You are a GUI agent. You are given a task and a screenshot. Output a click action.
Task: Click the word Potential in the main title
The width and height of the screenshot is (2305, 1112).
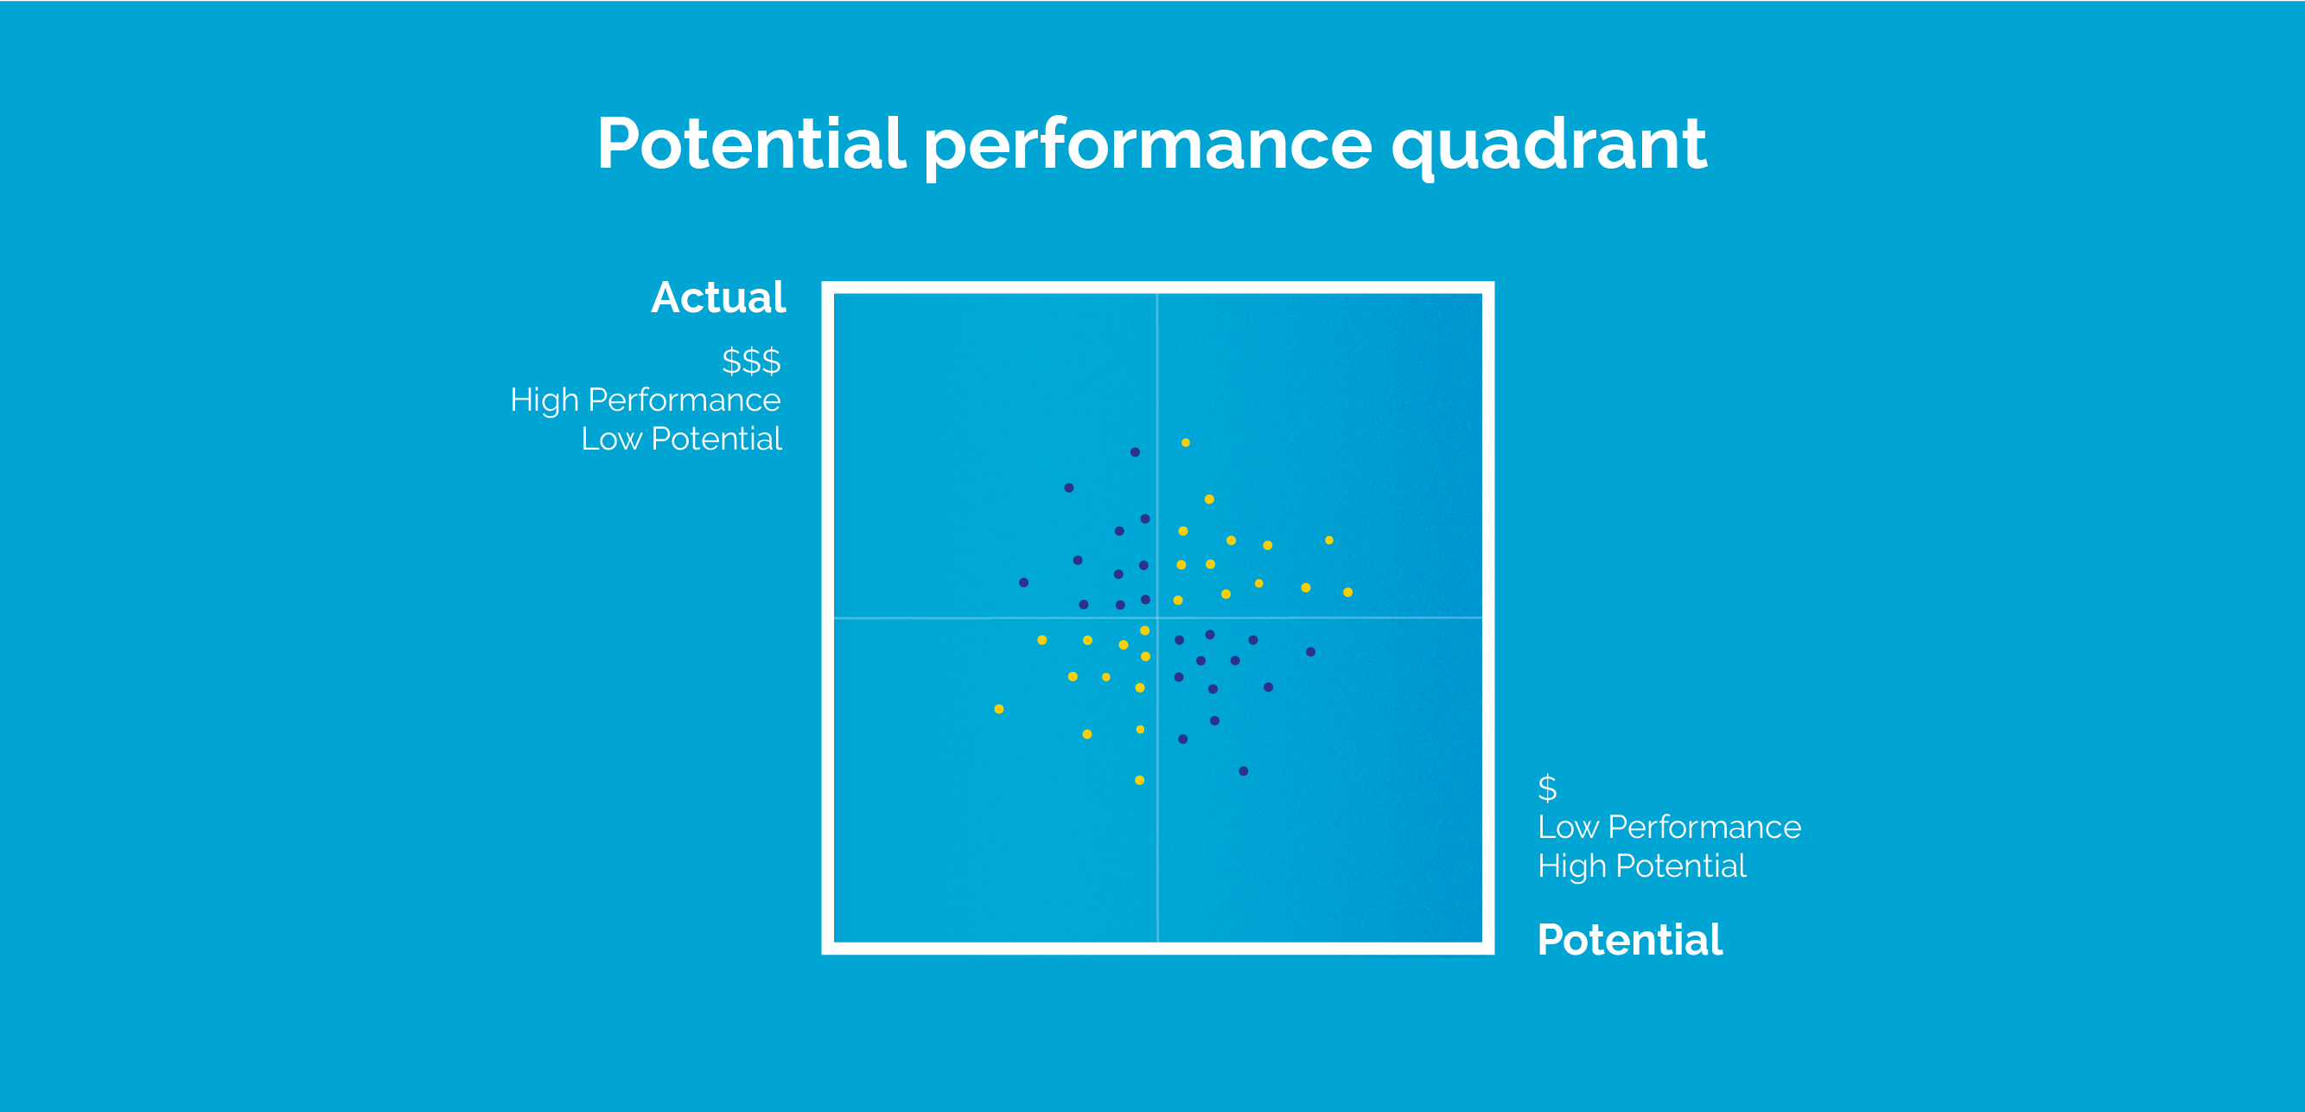click(752, 144)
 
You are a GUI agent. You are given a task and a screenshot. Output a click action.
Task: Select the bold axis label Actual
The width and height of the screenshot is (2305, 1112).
click(718, 297)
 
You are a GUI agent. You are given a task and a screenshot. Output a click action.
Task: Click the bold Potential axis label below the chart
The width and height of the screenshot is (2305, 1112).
click(1629, 940)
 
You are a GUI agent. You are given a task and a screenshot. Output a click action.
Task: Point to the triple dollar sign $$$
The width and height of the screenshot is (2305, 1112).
click(751, 361)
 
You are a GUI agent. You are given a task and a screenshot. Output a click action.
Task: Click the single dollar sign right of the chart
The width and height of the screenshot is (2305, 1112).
click(1547, 788)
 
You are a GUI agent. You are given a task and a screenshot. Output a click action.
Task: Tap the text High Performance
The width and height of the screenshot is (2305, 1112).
click(645, 399)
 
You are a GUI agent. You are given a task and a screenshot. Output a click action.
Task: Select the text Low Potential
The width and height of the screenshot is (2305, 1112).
click(681, 438)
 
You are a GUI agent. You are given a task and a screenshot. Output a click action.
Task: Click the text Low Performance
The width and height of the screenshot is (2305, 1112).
click(1669, 827)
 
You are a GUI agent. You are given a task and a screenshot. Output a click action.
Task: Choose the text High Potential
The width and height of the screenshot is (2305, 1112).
click(1641, 866)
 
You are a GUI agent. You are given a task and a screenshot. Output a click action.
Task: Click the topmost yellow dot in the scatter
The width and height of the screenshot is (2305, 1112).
click(1186, 443)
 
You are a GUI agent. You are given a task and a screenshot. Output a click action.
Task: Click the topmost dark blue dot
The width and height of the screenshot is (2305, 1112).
click(1135, 452)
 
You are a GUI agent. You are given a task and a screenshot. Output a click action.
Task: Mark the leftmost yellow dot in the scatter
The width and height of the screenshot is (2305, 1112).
click(998, 709)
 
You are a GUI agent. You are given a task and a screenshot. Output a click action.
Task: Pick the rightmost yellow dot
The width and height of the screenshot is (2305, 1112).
click(1347, 591)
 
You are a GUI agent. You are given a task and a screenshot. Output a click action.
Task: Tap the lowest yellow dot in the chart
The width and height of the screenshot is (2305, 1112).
click(1139, 780)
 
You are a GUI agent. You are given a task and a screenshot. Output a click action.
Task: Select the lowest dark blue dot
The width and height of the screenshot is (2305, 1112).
click(1243, 771)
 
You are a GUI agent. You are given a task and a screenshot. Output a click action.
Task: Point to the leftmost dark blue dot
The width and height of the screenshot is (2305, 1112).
click(1023, 583)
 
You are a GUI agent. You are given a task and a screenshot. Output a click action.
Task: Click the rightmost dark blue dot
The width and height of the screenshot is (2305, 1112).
click(1310, 652)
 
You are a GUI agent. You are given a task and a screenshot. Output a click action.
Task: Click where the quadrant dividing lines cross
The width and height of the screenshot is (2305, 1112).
click(1157, 617)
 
